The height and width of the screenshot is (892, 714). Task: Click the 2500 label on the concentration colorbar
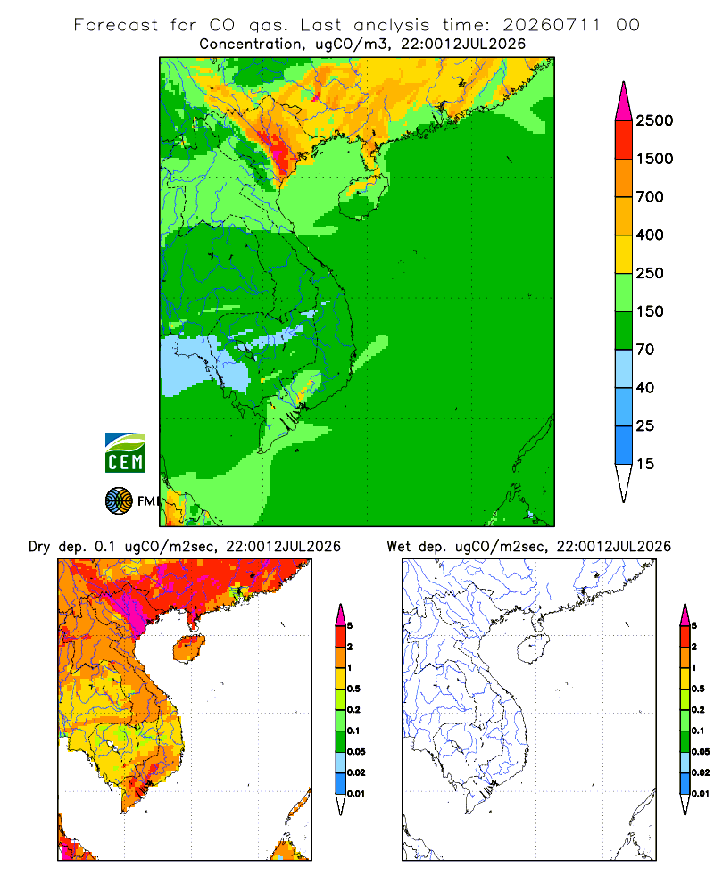pyautogui.click(x=654, y=120)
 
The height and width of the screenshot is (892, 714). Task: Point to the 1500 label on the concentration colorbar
pyautogui.click(x=654, y=159)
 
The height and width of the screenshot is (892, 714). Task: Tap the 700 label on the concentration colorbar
pyautogui.click(x=650, y=197)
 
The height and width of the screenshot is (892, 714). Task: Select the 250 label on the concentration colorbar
pyautogui.click(x=650, y=273)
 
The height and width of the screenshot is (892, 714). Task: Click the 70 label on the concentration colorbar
pyautogui.click(x=645, y=350)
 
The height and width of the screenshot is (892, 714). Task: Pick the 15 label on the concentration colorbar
pyautogui.click(x=645, y=464)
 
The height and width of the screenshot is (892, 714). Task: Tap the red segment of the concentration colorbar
pyautogui.click(x=624, y=140)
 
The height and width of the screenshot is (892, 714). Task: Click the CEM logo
pyautogui.click(x=125, y=453)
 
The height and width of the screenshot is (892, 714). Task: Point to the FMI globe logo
pyautogui.click(x=119, y=501)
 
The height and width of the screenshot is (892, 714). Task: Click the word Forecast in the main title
pyautogui.click(x=116, y=25)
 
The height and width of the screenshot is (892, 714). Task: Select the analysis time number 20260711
pyautogui.click(x=552, y=25)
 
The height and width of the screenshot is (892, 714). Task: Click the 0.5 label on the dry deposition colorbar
pyautogui.click(x=353, y=689)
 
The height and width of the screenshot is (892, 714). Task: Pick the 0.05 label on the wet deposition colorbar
pyautogui.click(x=701, y=751)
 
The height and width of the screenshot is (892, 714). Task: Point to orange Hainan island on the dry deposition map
pyautogui.click(x=189, y=648)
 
